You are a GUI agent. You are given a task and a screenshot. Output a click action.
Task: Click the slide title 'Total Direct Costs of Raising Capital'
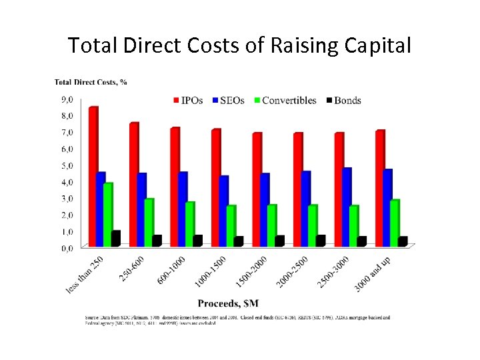[240, 45]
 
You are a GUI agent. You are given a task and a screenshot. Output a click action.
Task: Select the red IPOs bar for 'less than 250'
[93, 177]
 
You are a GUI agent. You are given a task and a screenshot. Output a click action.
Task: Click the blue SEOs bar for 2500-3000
[347, 207]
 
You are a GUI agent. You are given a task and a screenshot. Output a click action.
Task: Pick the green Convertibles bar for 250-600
[149, 222]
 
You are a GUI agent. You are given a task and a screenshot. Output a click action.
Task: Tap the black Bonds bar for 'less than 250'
[116, 239]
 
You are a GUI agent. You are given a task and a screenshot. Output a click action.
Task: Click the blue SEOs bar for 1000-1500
[223, 211]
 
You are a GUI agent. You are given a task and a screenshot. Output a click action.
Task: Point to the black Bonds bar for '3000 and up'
[403, 241]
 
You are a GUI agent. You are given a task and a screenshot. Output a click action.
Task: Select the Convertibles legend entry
[285, 101]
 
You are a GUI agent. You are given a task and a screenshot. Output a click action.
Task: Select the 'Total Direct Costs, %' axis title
[91, 83]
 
